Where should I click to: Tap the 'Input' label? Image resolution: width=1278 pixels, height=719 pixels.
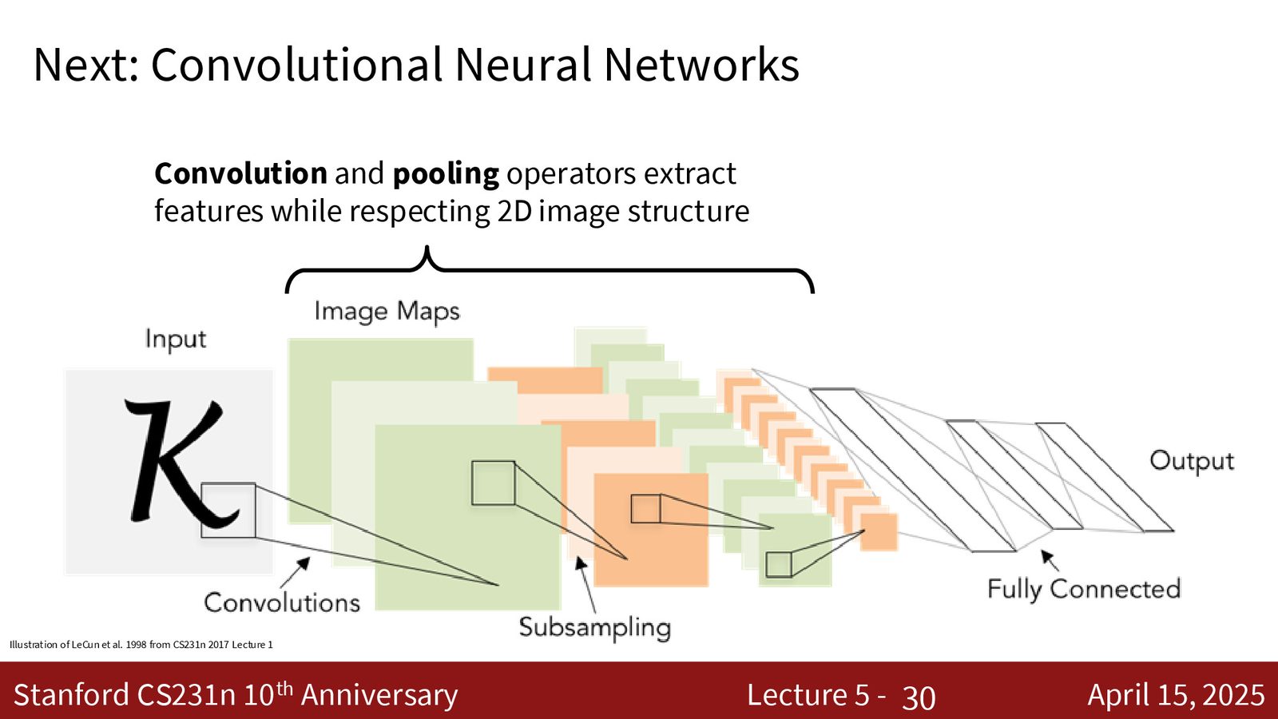(x=176, y=339)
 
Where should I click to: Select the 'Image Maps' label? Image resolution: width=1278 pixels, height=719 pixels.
(x=387, y=312)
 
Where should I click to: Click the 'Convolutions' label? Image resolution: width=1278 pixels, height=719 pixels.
(x=282, y=602)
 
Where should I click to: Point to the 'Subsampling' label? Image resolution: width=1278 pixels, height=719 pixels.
(x=594, y=628)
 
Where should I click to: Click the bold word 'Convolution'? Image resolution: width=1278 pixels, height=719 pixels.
(x=240, y=173)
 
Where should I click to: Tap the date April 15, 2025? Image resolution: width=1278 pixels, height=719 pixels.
(x=1176, y=695)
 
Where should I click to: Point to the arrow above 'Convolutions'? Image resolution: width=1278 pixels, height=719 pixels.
(x=295, y=572)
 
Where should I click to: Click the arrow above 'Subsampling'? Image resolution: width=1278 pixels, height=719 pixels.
(x=585, y=585)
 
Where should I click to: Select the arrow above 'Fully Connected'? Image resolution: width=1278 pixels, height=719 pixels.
(x=1050, y=560)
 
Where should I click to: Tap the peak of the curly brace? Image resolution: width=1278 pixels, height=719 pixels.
(x=427, y=247)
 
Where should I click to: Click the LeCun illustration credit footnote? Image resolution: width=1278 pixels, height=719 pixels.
(x=141, y=645)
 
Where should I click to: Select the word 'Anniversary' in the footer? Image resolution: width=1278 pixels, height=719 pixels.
(x=379, y=695)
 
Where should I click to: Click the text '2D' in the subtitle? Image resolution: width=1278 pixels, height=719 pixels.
(x=514, y=211)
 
